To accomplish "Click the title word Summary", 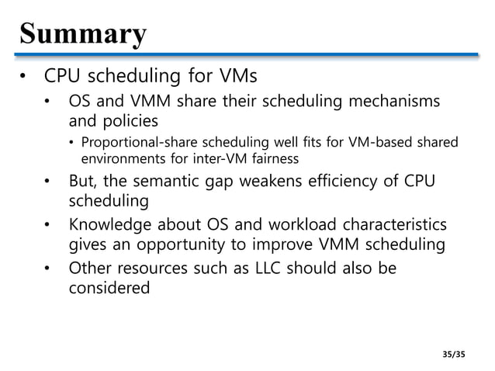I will coord(82,34).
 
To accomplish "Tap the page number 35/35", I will coord(452,354).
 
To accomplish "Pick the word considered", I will coord(109,289).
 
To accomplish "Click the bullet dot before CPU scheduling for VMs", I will coord(25,78).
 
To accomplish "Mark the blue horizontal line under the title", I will coord(247,56).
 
